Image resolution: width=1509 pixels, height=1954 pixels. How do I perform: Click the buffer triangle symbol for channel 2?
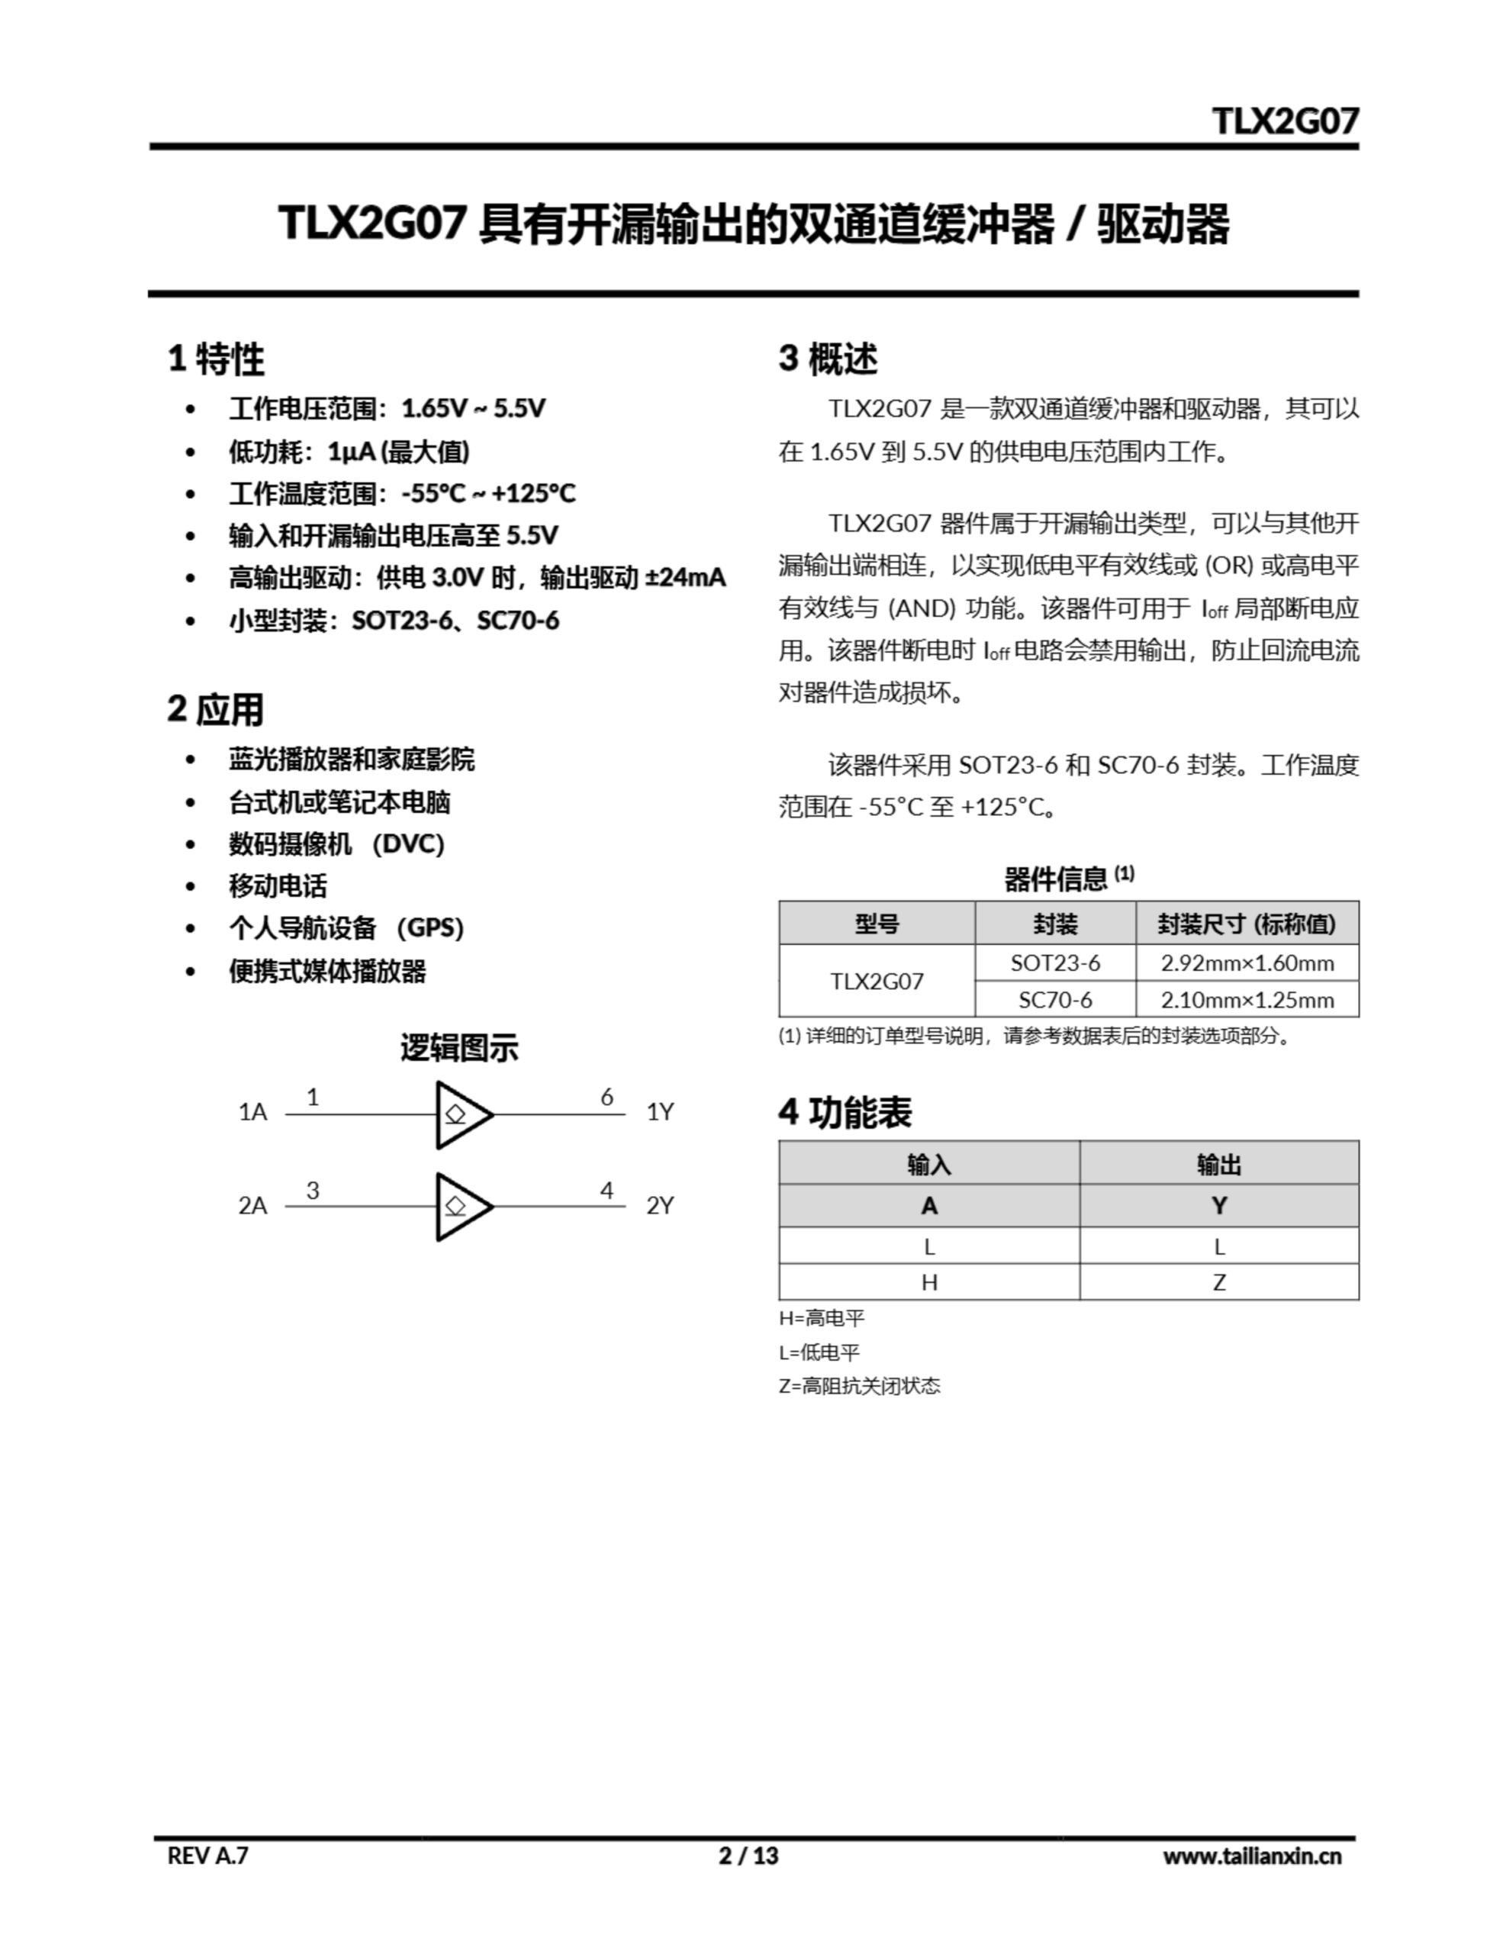pyautogui.click(x=462, y=1206)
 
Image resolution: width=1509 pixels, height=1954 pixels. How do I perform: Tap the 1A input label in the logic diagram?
pyautogui.click(x=253, y=1112)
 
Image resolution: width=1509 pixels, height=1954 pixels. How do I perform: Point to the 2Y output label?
pyautogui.click(x=660, y=1206)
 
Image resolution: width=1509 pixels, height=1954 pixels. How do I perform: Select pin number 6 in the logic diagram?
pyautogui.click(x=606, y=1097)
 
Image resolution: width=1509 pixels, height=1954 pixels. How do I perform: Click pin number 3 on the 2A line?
pyautogui.click(x=312, y=1190)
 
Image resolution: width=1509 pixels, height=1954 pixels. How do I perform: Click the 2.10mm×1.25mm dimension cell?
pyautogui.click(x=1247, y=999)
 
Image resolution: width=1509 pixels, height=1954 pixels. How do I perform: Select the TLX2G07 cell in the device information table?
pyautogui.click(x=877, y=982)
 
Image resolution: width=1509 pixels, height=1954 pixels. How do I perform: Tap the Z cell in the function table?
pyautogui.click(x=1218, y=1282)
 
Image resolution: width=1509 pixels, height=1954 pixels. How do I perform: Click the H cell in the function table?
pyautogui.click(x=929, y=1282)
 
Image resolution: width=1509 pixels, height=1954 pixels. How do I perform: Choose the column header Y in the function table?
pyautogui.click(x=1218, y=1206)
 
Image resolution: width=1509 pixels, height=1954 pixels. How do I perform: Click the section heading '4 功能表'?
pyautogui.click(x=845, y=1112)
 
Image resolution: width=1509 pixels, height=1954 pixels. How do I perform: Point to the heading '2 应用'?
pyautogui.click(x=216, y=710)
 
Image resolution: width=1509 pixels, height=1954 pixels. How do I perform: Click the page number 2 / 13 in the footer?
pyautogui.click(x=748, y=1856)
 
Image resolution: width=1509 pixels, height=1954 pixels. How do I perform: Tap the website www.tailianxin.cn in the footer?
pyautogui.click(x=1251, y=1856)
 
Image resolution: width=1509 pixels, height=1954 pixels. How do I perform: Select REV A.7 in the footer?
pyautogui.click(x=208, y=1856)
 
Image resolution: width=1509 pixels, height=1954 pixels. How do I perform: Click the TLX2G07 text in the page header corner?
pyautogui.click(x=1285, y=121)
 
